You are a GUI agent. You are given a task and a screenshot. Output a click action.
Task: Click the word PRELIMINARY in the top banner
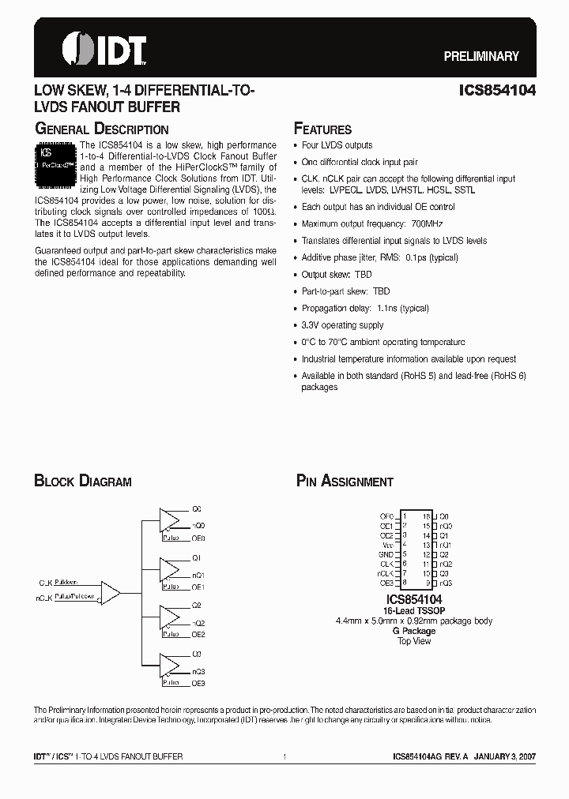(x=480, y=56)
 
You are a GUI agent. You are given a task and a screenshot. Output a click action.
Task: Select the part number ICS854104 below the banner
(x=497, y=91)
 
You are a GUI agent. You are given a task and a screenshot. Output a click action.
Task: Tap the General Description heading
(x=101, y=129)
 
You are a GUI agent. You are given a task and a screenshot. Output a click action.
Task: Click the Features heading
(x=322, y=129)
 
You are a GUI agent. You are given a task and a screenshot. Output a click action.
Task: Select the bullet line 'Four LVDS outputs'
(x=337, y=145)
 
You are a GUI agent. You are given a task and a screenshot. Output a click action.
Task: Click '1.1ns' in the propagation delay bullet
(x=389, y=308)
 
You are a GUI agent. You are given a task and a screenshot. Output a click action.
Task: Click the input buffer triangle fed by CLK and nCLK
(x=110, y=591)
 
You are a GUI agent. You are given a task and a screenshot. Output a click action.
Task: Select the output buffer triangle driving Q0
(x=170, y=519)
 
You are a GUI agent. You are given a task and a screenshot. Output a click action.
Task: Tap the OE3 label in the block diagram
(x=198, y=683)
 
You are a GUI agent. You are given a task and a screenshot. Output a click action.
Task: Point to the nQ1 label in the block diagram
(x=198, y=575)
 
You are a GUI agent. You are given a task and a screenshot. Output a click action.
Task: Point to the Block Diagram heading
(x=82, y=481)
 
